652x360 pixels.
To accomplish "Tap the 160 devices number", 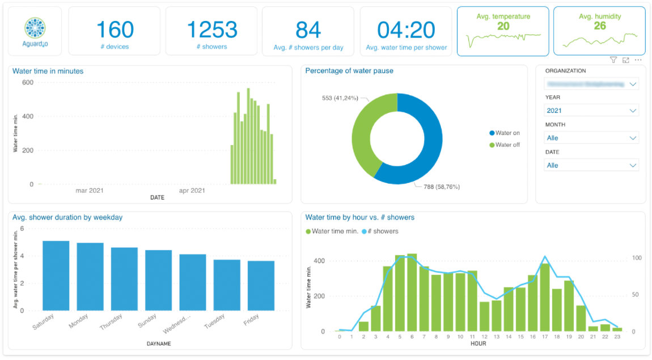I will point(115,29).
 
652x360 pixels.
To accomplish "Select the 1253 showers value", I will point(211,29).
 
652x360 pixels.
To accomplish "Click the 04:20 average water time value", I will point(406,29).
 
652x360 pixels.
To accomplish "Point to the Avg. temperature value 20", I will point(503,26).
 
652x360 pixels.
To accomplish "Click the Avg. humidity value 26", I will point(599,26).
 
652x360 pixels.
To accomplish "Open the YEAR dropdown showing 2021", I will point(591,111).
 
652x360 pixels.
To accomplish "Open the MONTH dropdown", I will point(591,138).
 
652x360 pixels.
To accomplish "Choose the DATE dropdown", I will point(591,165).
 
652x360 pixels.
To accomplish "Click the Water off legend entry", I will point(507,145).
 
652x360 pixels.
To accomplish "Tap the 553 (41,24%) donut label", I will point(340,98).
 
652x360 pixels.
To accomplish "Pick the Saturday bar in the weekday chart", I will point(56,276).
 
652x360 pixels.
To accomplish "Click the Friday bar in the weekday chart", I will point(261,286).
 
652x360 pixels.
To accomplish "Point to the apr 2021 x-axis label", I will point(192,191).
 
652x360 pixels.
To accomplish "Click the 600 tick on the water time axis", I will point(28,82).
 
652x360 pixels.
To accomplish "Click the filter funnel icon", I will point(613,60).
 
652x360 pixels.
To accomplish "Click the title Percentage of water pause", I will point(349,71).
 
